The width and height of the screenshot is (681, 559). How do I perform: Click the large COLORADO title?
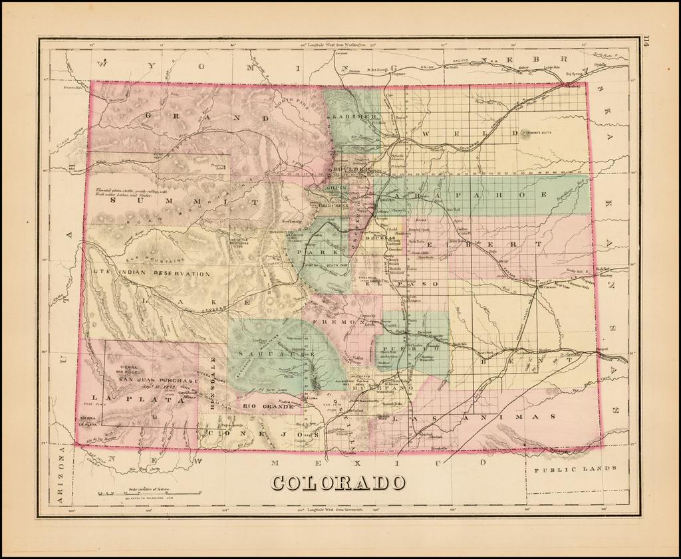(x=339, y=482)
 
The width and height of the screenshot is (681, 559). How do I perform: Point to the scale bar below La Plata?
(x=150, y=493)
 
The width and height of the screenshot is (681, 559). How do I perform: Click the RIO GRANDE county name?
(x=259, y=406)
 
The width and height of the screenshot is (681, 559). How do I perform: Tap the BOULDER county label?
(x=350, y=170)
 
